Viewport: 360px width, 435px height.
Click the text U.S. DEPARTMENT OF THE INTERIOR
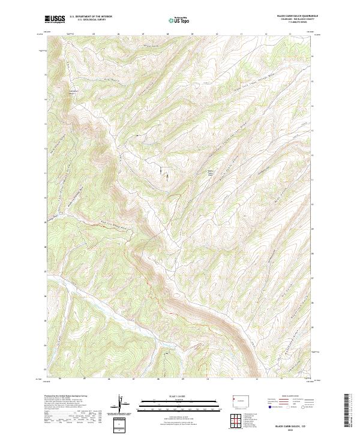point(91,16)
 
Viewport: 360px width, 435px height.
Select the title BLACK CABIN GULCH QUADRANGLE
point(296,16)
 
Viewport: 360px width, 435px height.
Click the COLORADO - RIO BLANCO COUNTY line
point(296,19)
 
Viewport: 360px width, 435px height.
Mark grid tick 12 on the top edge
point(265,34)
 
